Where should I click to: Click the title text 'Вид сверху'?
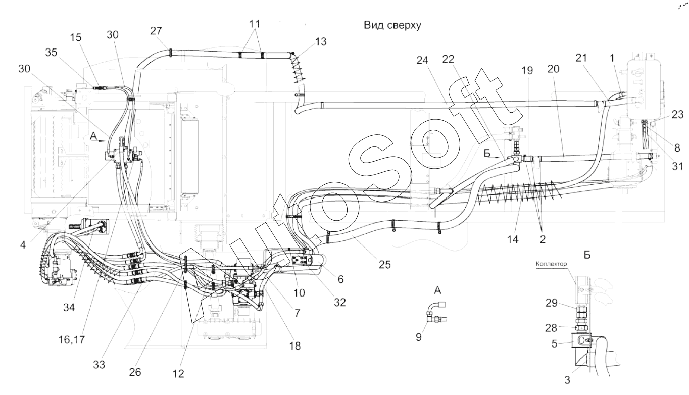pyautogui.click(x=392, y=25)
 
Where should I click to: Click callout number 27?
pyautogui.click(x=156, y=31)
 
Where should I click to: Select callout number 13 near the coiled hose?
pyautogui.click(x=321, y=42)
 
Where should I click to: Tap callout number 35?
pyautogui.click(x=51, y=53)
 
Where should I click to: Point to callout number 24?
pyautogui.click(x=422, y=60)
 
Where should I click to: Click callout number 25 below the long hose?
pyautogui.click(x=384, y=265)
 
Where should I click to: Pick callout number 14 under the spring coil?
pyautogui.click(x=513, y=239)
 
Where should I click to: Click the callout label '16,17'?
pyautogui.click(x=72, y=340)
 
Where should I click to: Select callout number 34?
pyautogui.click(x=69, y=307)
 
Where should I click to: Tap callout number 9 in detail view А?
pyautogui.click(x=419, y=337)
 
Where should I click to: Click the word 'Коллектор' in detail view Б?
pyautogui.click(x=551, y=264)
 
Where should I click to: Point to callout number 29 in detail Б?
pyautogui.click(x=551, y=303)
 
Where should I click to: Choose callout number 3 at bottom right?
pyautogui.click(x=567, y=380)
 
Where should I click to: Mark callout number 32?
pyautogui.click(x=340, y=303)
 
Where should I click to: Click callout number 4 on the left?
pyautogui.click(x=23, y=245)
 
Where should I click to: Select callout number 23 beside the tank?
pyautogui.click(x=677, y=115)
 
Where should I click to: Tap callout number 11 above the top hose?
pyautogui.click(x=255, y=24)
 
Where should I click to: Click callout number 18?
pyautogui.click(x=294, y=346)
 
